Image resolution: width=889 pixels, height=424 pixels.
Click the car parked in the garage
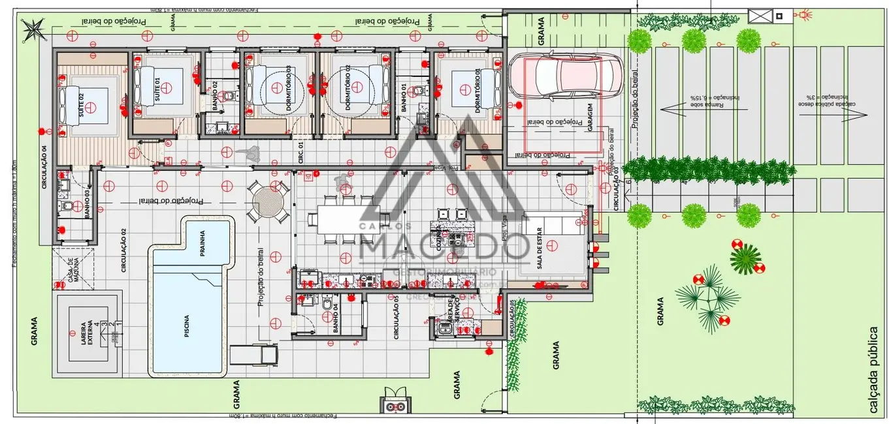pyautogui.click(x=565, y=75)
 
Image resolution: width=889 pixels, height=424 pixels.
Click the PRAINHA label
pyautogui.click(x=202, y=247)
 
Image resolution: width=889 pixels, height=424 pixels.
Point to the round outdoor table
pyautogui.click(x=268, y=202)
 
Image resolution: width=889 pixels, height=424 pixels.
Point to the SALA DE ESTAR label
pyautogui.click(x=540, y=250)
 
